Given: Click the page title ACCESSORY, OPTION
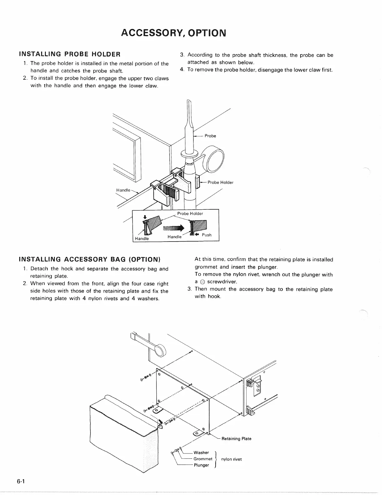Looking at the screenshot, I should (173, 32).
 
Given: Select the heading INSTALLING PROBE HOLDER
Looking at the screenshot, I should (70, 54).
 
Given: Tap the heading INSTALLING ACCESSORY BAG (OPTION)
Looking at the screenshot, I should (90, 259).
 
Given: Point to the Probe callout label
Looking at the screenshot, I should (210, 136).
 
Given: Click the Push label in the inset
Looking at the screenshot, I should (206, 235).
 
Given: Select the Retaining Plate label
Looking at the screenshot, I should (236, 439).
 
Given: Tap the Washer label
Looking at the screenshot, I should (201, 452).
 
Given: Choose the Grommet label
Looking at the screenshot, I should (203, 459).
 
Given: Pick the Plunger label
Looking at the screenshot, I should (201, 465).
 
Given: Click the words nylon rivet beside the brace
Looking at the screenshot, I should (231, 459).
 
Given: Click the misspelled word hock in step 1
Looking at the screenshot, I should (67, 269).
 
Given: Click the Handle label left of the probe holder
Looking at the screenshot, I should (123, 190).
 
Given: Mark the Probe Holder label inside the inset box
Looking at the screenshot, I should (190, 213).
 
